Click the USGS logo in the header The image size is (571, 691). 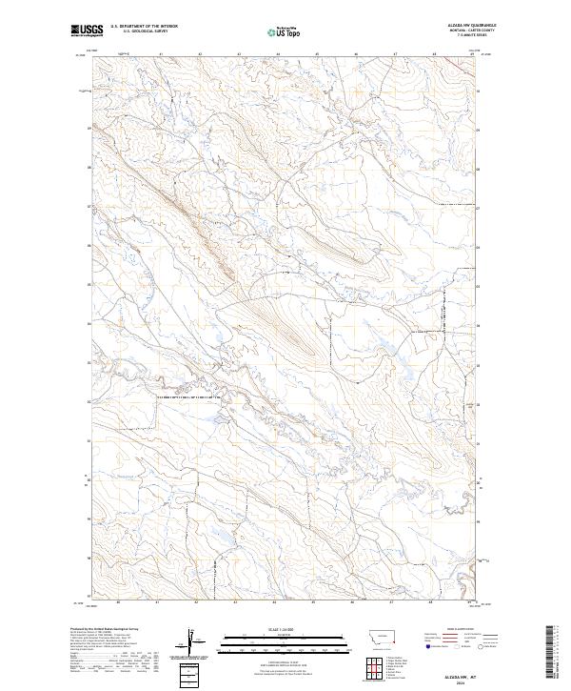pyautogui.click(x=87, y=30)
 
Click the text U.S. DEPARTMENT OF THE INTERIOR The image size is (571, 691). pyautogui.click(x=144, y=27)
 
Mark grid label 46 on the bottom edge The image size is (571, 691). pyautogui.click(x=353, y=602)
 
